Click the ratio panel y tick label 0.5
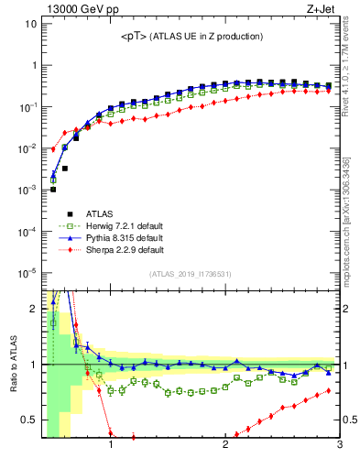[28, 420]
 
